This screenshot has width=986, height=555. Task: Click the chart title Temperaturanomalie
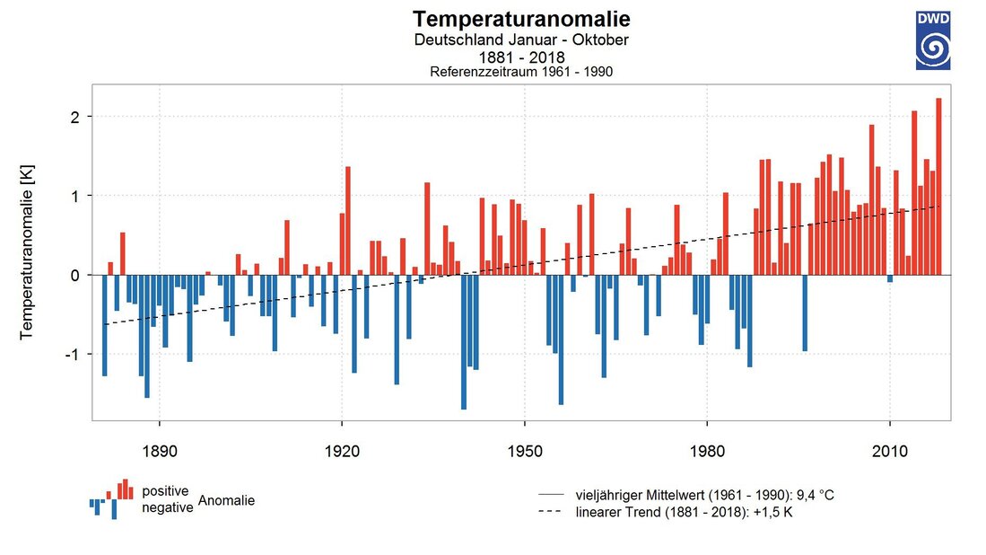click(x=521, y=19)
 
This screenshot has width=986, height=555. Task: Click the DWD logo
click(x=933, y=40)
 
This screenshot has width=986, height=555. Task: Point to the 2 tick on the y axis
click(x=77, y=117)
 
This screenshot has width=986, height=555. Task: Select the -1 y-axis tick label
click(x=74, y=354)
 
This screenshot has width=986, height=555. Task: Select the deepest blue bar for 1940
click(x=464, y=341)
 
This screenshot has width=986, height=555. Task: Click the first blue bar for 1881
click(x=105, y=325)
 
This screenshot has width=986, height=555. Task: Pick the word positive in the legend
click(x=165, y=491)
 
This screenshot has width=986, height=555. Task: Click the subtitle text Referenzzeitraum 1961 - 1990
click(x=521, y=72)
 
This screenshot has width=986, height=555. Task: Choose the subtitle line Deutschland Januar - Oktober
click(x=521, y=40)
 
